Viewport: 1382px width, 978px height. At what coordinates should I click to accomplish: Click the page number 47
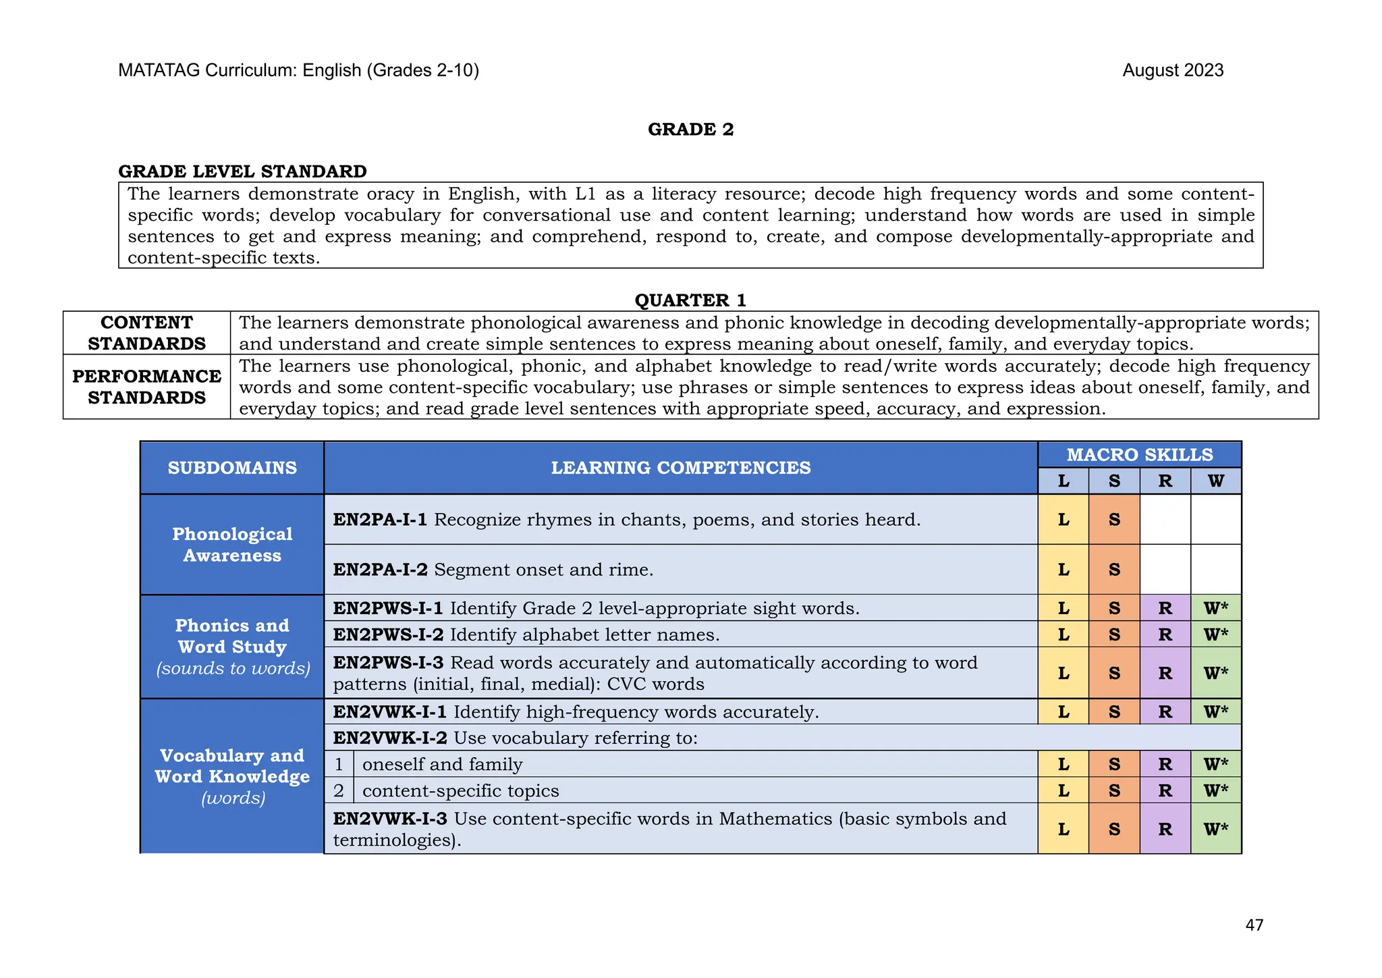click(x=1254, y=925)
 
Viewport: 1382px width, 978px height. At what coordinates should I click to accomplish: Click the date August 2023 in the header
click(x=1172, y=70)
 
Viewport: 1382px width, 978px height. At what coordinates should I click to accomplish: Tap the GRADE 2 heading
click(x=690, y=129)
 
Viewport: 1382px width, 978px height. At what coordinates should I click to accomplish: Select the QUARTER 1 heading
click(x=690, y=300)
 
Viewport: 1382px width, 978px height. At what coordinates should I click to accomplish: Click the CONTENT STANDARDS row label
click(x=146, y=333)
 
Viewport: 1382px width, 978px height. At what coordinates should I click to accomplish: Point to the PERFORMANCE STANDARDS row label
click(x=146, y=387)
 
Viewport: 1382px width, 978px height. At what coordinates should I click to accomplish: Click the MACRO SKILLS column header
click(x=1139, y=454)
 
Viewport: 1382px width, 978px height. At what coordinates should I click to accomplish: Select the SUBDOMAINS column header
click(x=232, y=468)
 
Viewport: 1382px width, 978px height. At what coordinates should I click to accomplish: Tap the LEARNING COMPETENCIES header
click(x=680, y=468)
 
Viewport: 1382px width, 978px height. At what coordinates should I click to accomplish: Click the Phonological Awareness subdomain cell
click(x=232, y=545)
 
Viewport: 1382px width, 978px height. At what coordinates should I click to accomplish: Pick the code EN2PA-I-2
click(x=380, y=570)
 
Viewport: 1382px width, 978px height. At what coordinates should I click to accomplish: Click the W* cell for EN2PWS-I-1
click(x=1215, y=608)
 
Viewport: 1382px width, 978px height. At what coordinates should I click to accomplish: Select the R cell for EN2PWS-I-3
click(x=1165, y=673)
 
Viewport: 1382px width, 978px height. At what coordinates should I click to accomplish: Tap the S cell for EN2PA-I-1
click(x=1114, y=520)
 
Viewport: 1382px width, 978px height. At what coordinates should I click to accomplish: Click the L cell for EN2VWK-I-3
click(x=1063, y=829)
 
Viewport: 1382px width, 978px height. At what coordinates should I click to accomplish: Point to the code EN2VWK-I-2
click(x=389, y=738)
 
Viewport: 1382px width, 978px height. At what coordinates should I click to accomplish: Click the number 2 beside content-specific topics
click(x=339, y=790)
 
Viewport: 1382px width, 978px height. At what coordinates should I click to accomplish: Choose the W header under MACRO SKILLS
click(x=1215, y=481)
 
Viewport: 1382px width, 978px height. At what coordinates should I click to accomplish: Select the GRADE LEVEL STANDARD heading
click(x=242, y=171)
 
